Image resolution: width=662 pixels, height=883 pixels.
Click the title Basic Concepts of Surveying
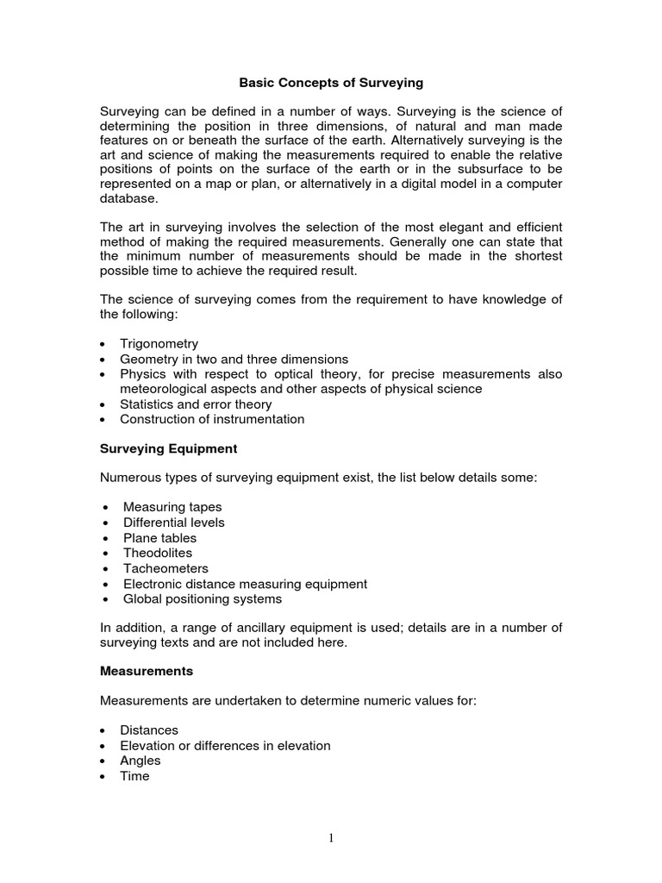[x=331, y=84]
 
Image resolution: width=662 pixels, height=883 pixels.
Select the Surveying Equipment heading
[x=168, y=449]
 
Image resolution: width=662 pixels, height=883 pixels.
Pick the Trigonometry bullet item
[x=159, y=343]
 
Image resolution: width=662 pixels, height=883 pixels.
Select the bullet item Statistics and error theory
[x=196, y=404]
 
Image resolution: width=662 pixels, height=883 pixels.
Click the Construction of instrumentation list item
[x=212, y=419]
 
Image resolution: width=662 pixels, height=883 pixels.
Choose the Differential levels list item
[x=173, y=523]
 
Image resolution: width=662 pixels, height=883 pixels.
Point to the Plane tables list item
[x=159, y=538]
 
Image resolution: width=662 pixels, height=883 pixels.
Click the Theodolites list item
[x=158, y=553]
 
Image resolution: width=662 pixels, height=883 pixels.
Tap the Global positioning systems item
[x=202, y=598]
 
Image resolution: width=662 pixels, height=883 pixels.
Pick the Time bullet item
[x=134, y=776]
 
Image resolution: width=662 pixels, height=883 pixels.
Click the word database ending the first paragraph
[x=129, y=198]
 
